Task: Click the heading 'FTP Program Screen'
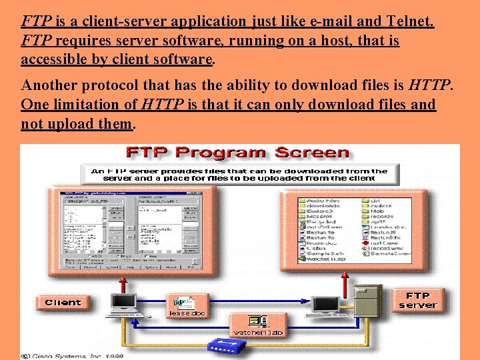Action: tap(239, 152)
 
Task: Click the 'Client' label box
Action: tap(63, 303)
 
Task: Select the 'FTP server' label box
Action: tap(418, 300)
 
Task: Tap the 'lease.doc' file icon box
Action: tap(188, 307)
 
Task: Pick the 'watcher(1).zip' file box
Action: tap(258, 326)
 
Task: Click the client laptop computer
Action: tap(124, 304)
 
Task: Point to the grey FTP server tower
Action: tap(367, 300)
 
